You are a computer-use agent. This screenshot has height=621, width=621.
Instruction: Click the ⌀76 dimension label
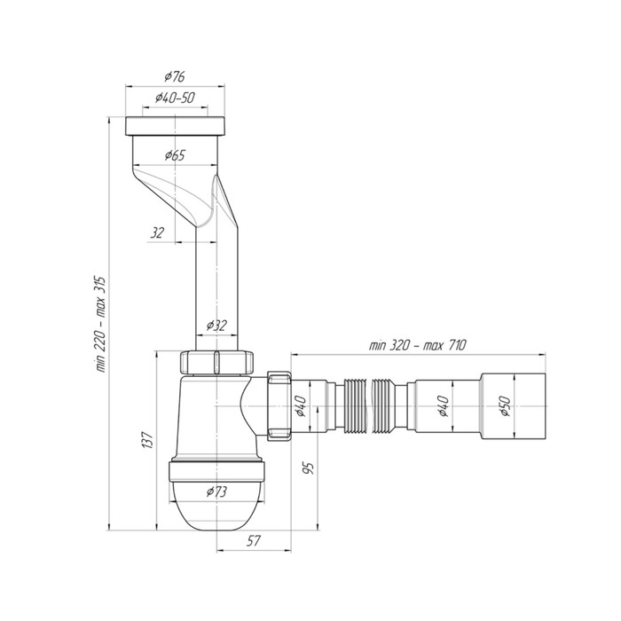click(x=175, y=76)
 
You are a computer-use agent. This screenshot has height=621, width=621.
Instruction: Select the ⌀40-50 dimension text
click(x=175, y=98)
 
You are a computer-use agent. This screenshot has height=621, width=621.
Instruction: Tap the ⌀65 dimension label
click(x=175, y=155)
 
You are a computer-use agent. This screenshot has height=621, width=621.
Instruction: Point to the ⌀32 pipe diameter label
click(x=216, y=326)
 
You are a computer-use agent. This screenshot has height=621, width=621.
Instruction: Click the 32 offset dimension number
click(x=157, y=232)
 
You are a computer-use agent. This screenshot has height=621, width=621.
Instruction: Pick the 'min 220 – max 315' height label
click(x=100, y=324)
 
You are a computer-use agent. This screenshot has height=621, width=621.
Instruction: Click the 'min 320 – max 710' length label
click(x=418, y=345)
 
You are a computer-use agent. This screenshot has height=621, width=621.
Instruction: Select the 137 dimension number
click(x=147, y=440)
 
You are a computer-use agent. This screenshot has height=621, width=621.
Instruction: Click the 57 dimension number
click(x=254, y=540)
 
